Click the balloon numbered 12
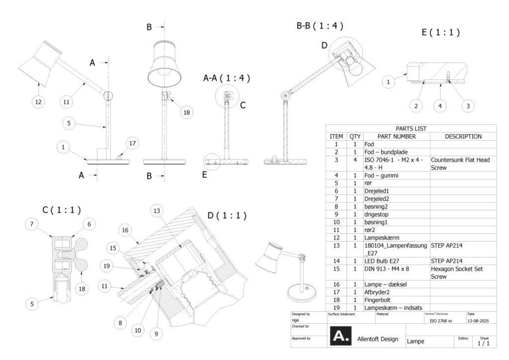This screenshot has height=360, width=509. coord(38,102)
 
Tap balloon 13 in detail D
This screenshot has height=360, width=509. coord(157,211)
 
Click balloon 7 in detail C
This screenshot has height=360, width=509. coord(32,225)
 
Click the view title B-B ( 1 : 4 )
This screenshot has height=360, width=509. coord(320,25)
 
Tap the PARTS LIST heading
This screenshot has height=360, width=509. coord(411,128)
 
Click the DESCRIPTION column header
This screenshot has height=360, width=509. coord(463,136)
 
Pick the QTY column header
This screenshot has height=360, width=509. coord(354,136)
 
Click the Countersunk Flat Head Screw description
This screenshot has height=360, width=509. coord(460,164)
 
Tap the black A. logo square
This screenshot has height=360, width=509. coord(340,336)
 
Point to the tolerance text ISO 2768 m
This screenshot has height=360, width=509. coord(440,321)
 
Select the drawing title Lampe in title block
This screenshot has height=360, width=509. coord(416,342)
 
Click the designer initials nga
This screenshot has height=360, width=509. coord(295,321)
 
